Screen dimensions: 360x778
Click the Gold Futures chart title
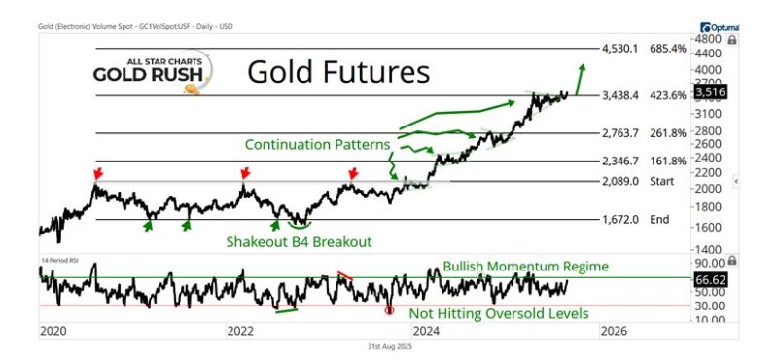tap(337, 72)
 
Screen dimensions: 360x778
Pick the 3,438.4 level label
tap(620, 96)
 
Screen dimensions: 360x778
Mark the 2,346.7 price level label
tap(620, 161)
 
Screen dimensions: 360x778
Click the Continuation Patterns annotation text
tap(317, 144)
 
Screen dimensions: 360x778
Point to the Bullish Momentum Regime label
tap(524, 266)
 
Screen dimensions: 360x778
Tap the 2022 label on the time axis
tap(240, 330)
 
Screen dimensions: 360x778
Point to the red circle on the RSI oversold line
tap(390, 310)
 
